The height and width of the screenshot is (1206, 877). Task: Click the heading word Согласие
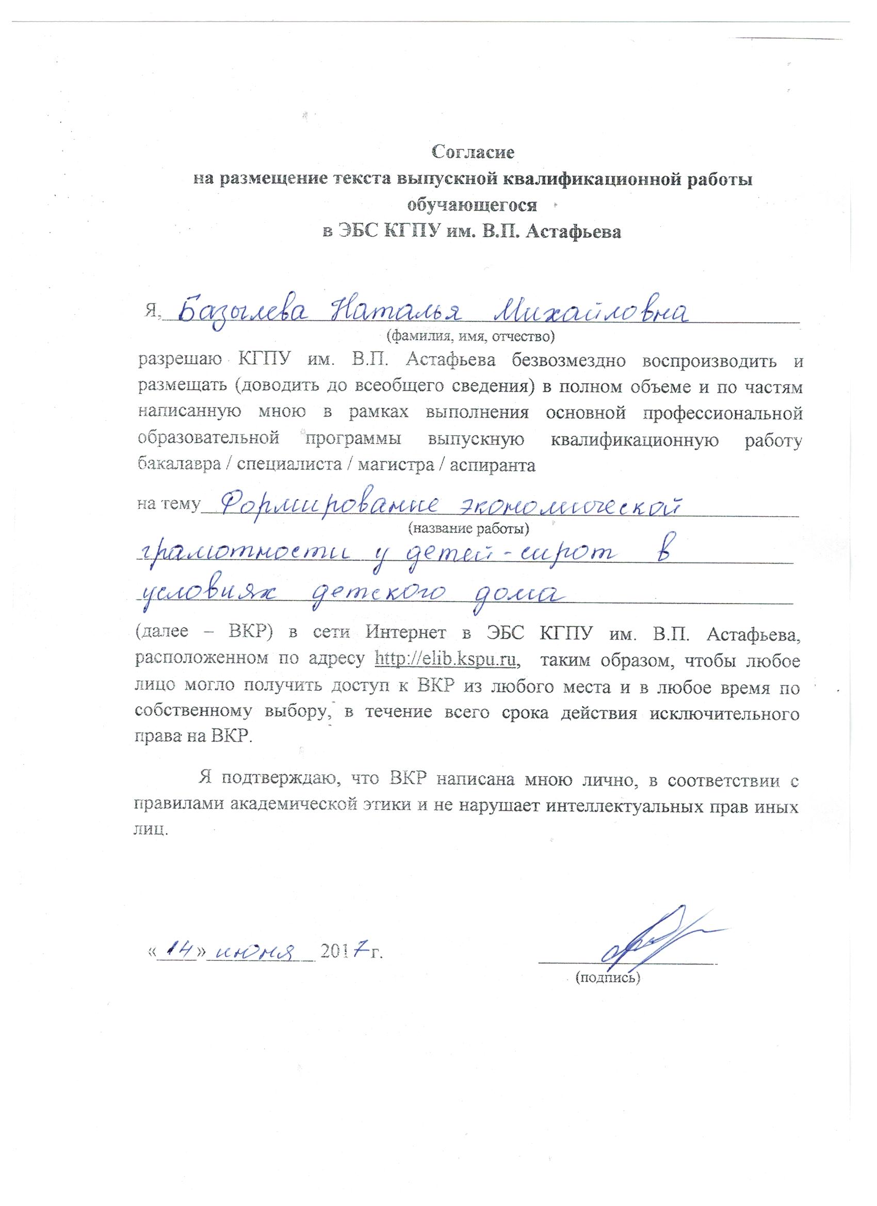coord(473,153)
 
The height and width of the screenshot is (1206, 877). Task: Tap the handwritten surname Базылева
coord(245,313)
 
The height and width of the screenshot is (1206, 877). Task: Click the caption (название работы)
coord(468,528)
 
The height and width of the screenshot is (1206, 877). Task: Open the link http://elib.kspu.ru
coord(447,660)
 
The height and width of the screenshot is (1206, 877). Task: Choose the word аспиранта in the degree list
coord(493,465)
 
